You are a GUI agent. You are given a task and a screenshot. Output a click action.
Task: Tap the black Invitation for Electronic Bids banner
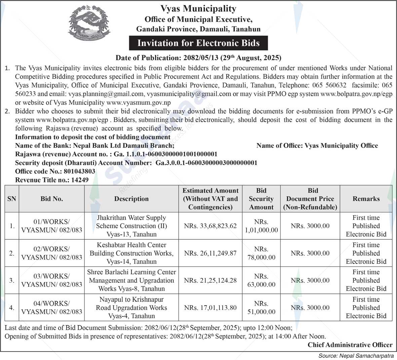click(x=198, y=43)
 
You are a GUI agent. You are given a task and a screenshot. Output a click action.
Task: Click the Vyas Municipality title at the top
click(x=198, y=8)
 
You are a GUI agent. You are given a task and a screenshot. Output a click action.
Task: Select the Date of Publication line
click(x=198, y=58)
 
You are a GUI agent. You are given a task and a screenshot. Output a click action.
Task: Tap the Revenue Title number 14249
click(x=80, y=180)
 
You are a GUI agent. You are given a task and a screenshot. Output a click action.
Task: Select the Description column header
click(x=131, y=199)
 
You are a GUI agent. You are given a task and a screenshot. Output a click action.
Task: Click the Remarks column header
click(x=366, y=199)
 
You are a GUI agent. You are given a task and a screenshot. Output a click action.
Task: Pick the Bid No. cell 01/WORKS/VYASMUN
click(x=51, y=226)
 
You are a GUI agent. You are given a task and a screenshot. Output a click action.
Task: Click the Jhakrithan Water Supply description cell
click(x=131, y=226)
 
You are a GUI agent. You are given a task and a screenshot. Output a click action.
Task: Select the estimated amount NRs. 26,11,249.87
click(x=210, y=253)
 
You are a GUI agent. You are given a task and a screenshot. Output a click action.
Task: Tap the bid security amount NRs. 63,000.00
click(x=261, y=280)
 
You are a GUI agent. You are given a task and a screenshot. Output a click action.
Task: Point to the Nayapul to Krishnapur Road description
click(x=131, y=308)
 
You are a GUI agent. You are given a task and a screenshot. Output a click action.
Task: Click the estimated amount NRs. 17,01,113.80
click(x=210, y=308)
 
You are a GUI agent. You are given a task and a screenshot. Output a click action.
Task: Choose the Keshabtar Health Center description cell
click(x=131, y=253)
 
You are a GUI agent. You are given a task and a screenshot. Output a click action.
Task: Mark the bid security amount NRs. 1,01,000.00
click(x=261, y=226)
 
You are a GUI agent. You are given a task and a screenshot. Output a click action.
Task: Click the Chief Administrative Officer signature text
click(x=350, y=345)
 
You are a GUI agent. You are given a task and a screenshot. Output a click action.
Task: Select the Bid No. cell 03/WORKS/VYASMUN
click(x=51, y=280)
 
